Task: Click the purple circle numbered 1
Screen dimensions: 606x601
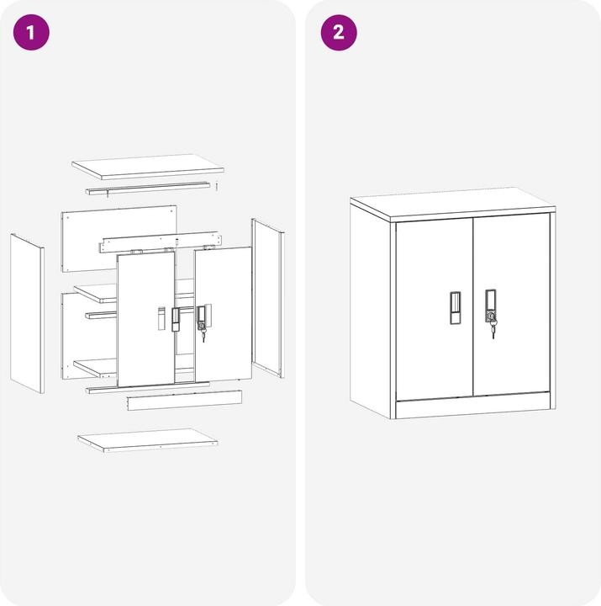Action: point(32,33)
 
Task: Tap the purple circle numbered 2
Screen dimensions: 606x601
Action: point(339,33)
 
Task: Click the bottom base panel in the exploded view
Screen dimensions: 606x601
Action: point(148,439)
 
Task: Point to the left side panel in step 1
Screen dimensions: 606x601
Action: point(26,312)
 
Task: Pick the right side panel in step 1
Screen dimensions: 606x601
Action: point(268,298)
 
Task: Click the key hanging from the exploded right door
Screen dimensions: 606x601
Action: point(202,335)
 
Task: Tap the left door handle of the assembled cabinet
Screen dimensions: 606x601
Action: point(454,308)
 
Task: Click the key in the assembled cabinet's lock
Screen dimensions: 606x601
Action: point(493,329)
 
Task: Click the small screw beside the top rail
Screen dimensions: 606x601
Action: point(216,183)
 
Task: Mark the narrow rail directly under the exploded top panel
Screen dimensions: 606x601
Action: point(147,188)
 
